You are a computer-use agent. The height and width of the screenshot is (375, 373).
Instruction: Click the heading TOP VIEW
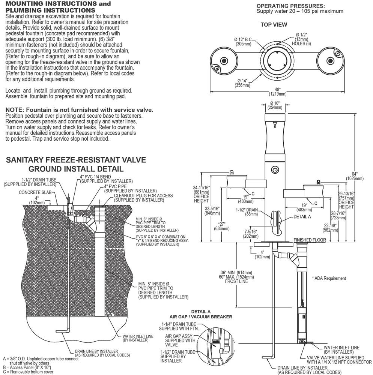(274, 25)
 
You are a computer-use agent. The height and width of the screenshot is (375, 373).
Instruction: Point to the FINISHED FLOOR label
(310, 240)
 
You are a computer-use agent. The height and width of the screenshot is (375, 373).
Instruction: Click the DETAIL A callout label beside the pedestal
(302, 217)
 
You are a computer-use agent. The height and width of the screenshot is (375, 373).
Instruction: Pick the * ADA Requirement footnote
(329, 278)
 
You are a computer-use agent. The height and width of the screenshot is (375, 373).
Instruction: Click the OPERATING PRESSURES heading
(291, 6)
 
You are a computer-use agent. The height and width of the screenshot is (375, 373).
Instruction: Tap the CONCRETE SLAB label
(35, 192)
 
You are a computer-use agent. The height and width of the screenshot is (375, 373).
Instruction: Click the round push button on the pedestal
(275, 170)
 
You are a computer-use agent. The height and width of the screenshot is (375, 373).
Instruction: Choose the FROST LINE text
(236, 281)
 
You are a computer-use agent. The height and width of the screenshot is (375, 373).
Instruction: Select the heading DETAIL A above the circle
(201, 312)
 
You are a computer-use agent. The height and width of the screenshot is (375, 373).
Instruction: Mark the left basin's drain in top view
(224, 60)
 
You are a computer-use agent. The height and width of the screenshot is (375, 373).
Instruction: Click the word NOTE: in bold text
(15, 110)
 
